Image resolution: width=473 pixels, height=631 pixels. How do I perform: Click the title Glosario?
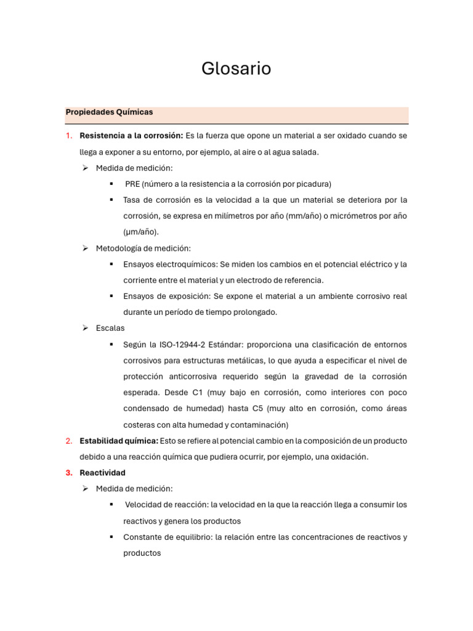(236, 69)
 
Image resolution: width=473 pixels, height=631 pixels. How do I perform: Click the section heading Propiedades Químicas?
(109, 112)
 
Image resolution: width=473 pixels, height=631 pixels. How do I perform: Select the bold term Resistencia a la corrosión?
(131, 136)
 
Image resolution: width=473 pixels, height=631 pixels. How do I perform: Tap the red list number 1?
(68, 136)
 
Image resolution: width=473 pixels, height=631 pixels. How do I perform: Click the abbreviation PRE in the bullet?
(132, 184)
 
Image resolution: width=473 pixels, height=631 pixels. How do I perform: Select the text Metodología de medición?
(143, 248)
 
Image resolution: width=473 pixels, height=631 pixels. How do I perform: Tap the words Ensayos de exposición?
(162, 296)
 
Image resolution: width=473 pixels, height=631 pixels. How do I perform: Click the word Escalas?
(110, 328)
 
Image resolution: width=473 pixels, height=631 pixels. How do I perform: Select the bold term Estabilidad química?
(119, 441)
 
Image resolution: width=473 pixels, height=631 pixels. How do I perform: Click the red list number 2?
(68, 441)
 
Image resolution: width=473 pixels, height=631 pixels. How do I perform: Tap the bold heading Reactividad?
(102, 473)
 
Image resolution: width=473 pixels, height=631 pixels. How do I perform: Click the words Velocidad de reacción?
(166, 505)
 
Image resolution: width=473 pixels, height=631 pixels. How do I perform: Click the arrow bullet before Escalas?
(86, 328)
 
